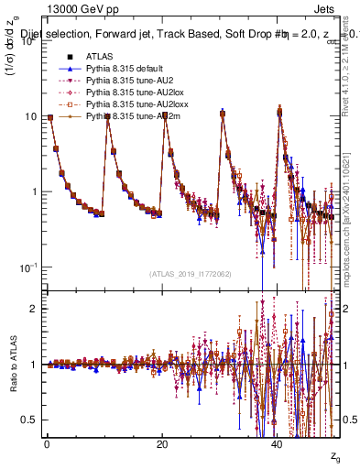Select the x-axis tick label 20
coord(162,443)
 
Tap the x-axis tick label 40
coord(278,443)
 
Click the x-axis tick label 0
coord(47,443)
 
